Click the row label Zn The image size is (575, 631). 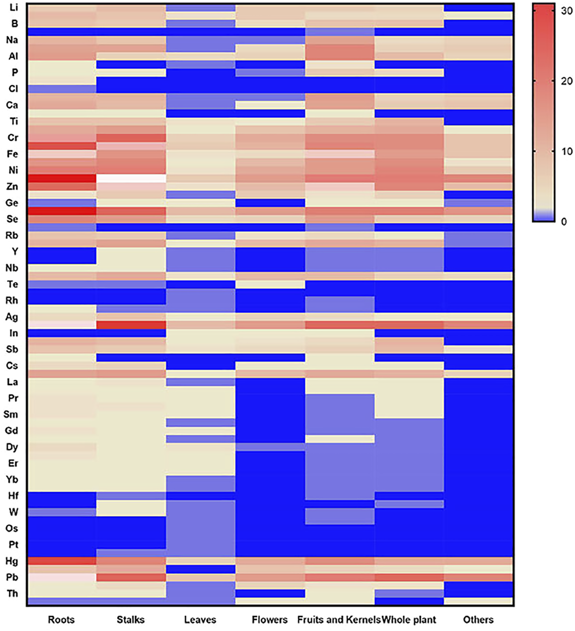[12, 186]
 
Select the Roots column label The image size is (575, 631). [61, 620]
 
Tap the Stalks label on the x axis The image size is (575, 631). [130, 620]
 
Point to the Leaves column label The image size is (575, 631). [200, 620]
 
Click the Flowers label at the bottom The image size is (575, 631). [270, 620]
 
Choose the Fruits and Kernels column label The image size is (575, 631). [339, 620]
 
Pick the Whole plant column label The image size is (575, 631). [409, 620]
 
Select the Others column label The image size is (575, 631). [478, 620]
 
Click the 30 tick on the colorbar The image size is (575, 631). [567, 11]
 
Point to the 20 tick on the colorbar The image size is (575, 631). [567, 81]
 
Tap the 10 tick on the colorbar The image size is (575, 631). [567, 151]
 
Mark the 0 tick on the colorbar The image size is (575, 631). [564, 221]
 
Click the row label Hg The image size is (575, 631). [12, 561]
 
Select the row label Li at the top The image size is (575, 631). [13, 7]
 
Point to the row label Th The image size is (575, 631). [12, 593]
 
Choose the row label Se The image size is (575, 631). [12, 219]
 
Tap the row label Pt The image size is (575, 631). [13, 544]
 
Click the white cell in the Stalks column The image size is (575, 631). [131, 178]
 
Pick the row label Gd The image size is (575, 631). [11, 430]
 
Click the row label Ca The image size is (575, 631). [12, 105]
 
